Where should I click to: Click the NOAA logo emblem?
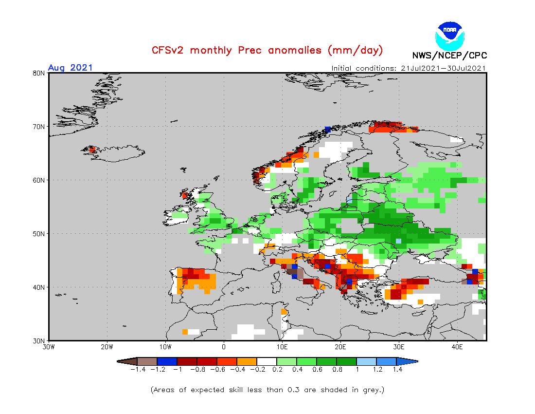[449, 35]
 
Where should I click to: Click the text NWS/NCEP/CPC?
[449, 56]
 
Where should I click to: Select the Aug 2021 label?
[70, 68]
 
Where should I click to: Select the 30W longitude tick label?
[49, 347]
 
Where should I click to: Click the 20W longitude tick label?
[107, 347]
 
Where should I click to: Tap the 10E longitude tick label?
[282, 347]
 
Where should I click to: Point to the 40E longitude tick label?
[457, 347]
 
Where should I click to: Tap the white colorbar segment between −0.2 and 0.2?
[267, 361]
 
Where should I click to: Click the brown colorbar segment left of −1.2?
[147, 361]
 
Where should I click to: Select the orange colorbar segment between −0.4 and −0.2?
[247, 361]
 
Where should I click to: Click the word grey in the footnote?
[371, 390]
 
